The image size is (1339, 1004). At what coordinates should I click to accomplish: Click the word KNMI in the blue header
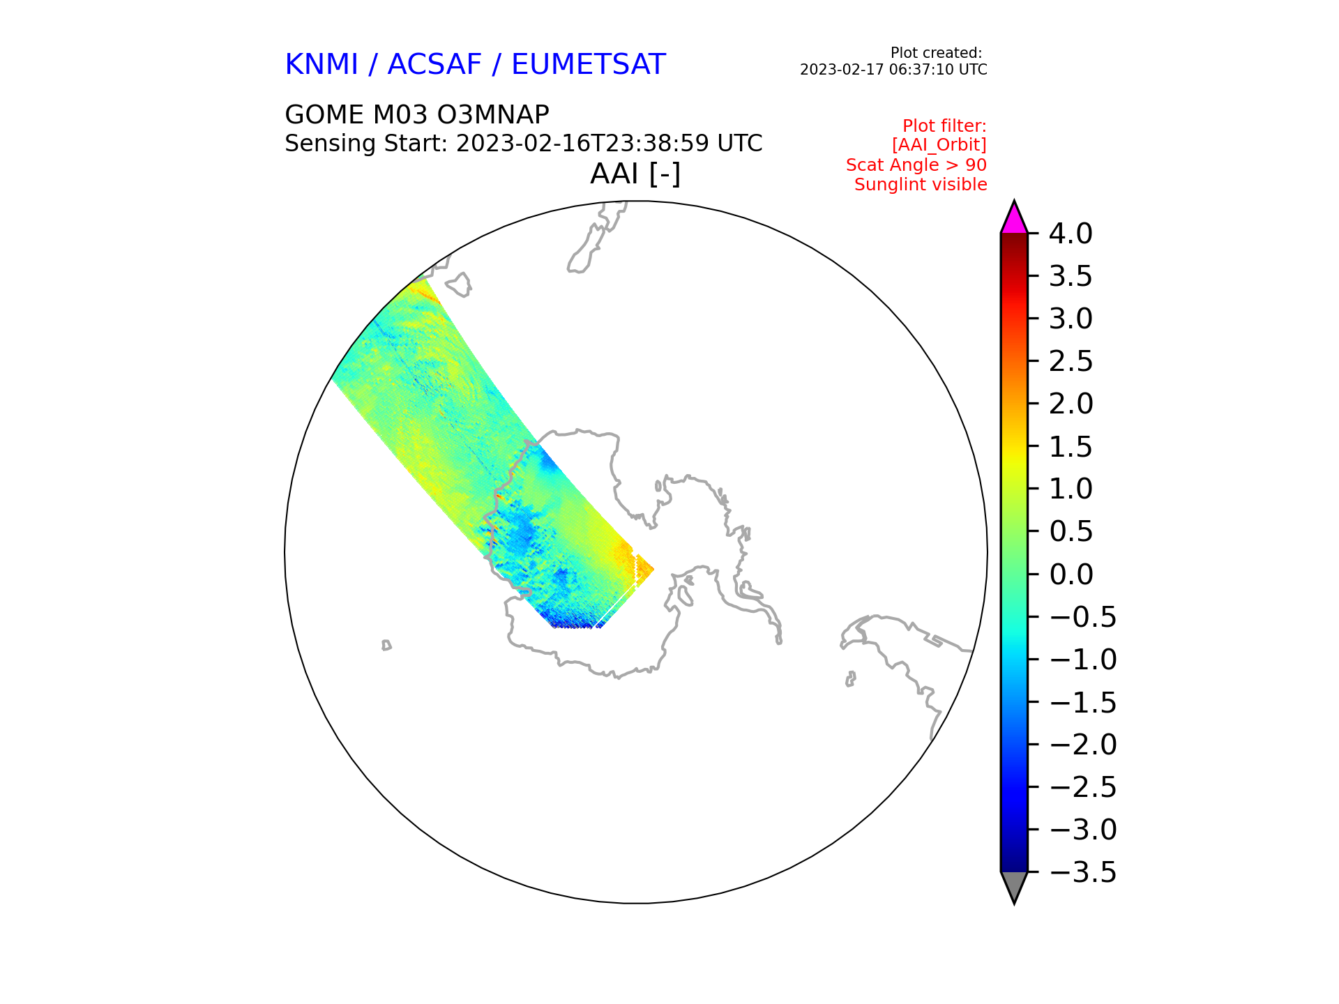coord(321,65)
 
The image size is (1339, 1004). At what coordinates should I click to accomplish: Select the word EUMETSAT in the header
coord(589,65)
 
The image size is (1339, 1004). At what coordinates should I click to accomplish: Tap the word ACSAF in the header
coord(434,65)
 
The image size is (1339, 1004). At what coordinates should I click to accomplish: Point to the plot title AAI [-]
coord(635,174)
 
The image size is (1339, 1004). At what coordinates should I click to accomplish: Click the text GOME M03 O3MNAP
coord(417,115)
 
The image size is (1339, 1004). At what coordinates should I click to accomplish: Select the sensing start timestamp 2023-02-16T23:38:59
coord(583,144)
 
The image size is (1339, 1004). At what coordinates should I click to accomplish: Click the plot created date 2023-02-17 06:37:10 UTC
coord(893,70)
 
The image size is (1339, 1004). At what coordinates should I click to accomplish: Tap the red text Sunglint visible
coord(921,185)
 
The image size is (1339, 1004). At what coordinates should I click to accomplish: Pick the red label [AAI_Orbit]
coord(939,145)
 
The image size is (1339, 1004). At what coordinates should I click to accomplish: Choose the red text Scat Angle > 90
coord(916,165)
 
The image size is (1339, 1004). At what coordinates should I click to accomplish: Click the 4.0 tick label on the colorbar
coord(1071,234)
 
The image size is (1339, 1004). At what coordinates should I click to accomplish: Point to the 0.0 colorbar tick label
coord(1071,575)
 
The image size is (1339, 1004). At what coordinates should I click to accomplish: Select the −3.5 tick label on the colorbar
coord(1082,872)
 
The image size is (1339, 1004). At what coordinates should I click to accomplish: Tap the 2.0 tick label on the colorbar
coord(1071,404)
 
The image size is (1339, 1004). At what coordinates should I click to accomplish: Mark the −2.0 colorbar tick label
coord(1082,745)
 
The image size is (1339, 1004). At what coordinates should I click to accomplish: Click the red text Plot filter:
coord(944,126)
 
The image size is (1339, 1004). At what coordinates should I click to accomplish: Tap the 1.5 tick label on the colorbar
coord(1071,447)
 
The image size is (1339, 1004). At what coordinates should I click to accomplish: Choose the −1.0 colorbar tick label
coord(1082,660)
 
